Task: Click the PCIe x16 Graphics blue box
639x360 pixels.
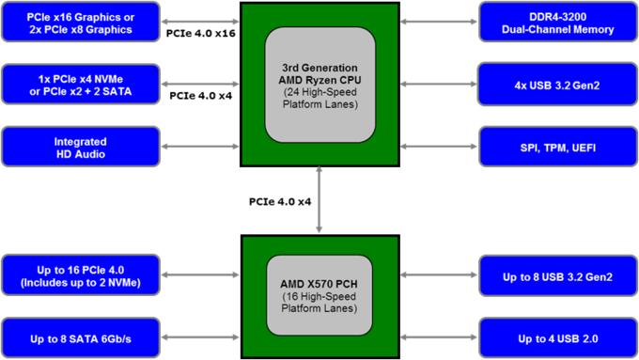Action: [81, 23]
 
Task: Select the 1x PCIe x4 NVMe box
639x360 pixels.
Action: [81, 83]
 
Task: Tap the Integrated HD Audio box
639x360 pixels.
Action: [81, 147]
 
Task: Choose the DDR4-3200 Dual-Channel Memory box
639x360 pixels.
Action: [558, 23]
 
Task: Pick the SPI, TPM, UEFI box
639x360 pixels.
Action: [558, 147]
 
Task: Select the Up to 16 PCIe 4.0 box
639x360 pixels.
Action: [81, 276]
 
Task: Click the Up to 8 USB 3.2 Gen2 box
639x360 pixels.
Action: [558, 276]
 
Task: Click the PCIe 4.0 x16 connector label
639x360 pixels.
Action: [200, 33]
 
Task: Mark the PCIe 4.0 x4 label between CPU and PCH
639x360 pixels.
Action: [280, 200]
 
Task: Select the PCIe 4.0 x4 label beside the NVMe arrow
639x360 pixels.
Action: [200, 95]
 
